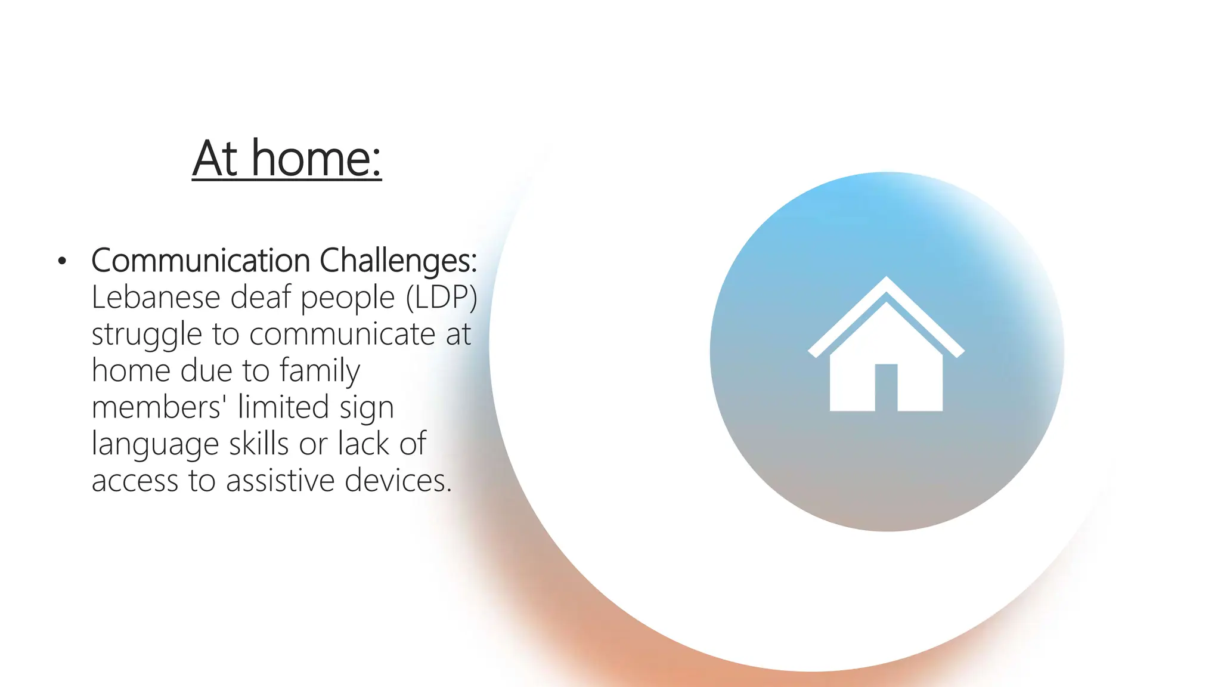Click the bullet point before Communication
62,261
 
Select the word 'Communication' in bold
201,261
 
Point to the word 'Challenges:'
398,261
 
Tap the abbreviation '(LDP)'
442,297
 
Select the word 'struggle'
147,335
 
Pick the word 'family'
320,371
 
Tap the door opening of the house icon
886,387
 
